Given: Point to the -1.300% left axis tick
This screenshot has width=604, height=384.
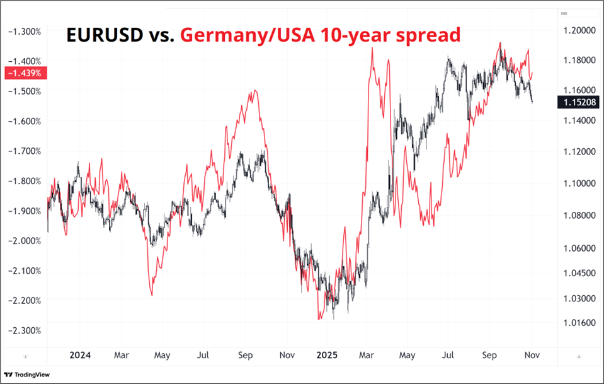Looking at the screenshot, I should [x=23, y=31].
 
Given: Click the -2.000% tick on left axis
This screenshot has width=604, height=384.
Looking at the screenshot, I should [x=23, y=241].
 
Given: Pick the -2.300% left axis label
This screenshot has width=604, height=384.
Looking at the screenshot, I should [x=23, y=330].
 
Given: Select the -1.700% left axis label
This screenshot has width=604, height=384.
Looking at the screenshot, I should [x=23, y=151].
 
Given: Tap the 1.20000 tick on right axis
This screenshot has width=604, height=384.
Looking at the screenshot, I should [x=579, y=30].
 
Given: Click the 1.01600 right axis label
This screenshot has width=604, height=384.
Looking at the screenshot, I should [x=579, y=322].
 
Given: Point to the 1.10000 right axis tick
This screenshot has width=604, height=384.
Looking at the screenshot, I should [x=579, y=183].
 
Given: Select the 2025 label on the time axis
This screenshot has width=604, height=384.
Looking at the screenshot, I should [x=328, y=355].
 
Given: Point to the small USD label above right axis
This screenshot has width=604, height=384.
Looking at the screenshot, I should [x=564, y=13].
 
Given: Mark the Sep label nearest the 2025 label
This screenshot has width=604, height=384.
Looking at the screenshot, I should [x=245, y=355].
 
